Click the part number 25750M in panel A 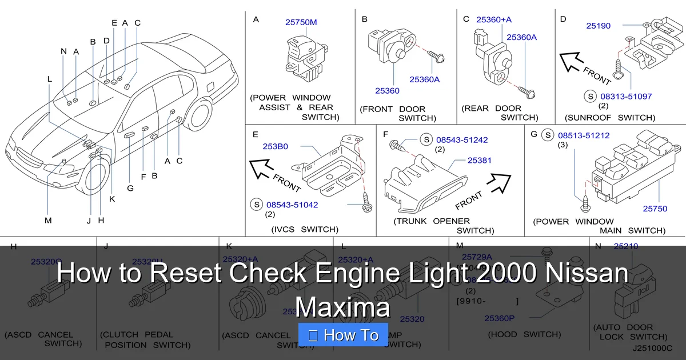(301, 23)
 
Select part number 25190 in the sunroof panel (598, 26)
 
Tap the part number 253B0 (275, 147)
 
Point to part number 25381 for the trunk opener (479, 161)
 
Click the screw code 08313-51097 (625, 97)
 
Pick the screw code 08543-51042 (292, 205)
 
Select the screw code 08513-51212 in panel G (584, 136)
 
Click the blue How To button (344, 335)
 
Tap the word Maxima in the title (342, 307)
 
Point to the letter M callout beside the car (48, 221)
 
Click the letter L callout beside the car (50, 79)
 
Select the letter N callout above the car (63, 51)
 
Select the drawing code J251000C (652, 347)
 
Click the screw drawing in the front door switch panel (438, 57)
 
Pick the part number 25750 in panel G (655, 209)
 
